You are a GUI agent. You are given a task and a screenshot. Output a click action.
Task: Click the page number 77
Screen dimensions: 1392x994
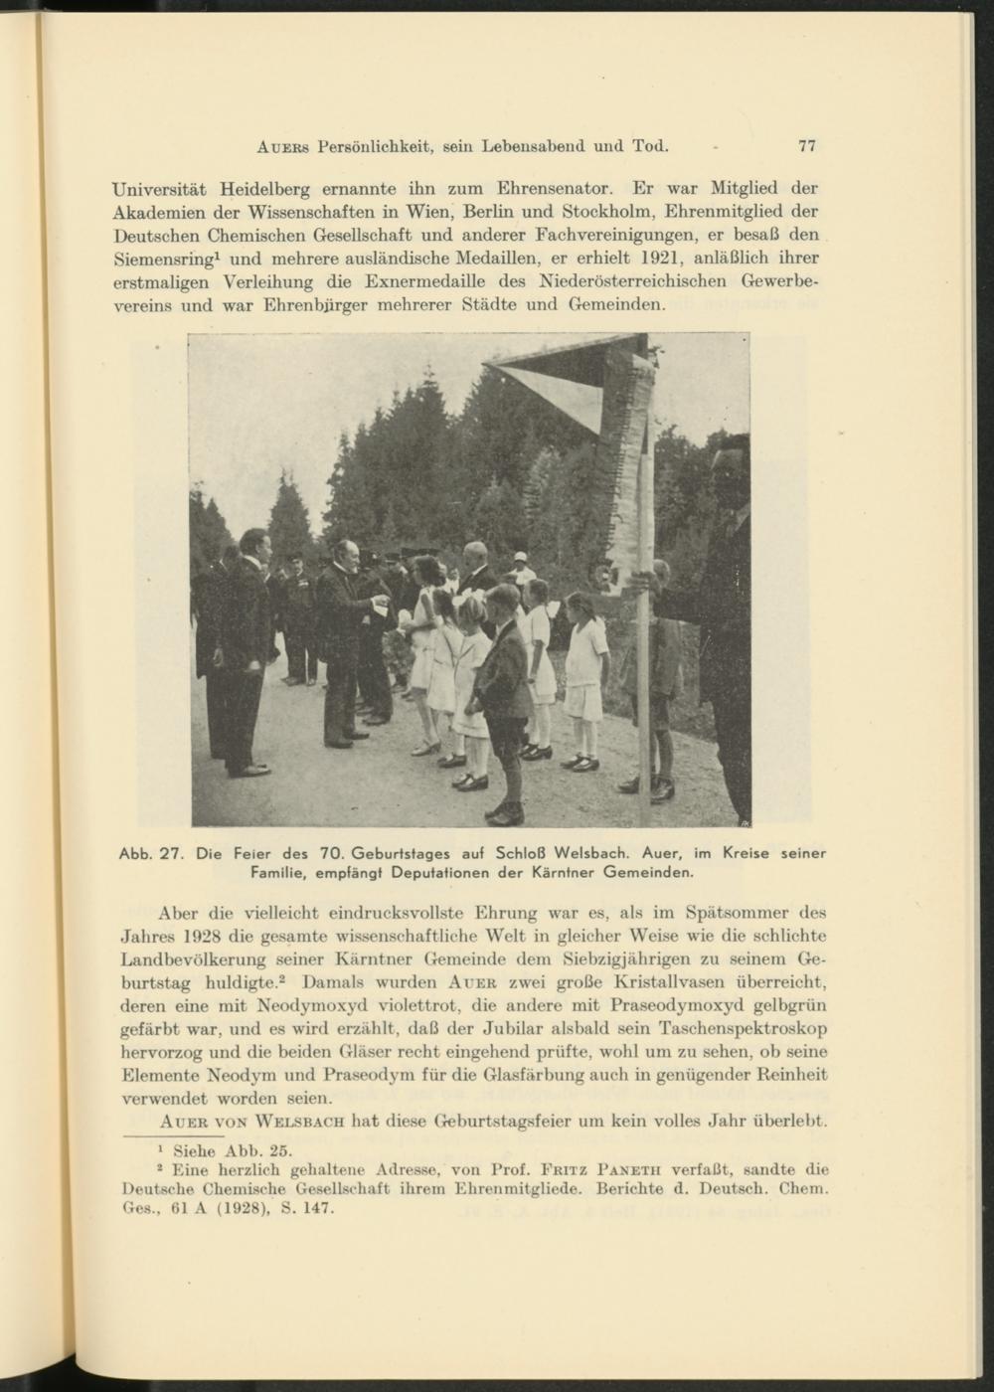(x=806, y=146)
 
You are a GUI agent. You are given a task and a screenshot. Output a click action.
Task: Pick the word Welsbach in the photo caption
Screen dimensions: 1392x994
(x=591, y=853)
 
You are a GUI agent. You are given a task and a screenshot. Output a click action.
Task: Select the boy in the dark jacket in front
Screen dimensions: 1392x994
(x=503, y=696)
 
